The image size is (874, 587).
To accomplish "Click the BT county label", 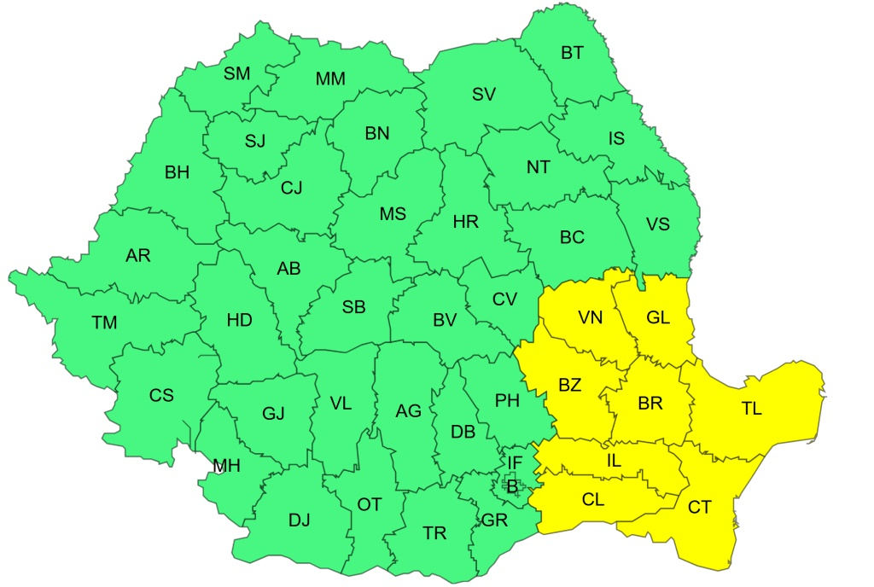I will click(572, 53).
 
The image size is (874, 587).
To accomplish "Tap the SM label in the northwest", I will click(237, 73).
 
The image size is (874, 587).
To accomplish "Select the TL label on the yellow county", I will click(751, 409).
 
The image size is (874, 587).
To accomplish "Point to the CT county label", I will click(699, 508).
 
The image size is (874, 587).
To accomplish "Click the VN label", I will click(590, 318).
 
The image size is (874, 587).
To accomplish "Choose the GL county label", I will click(658, 318).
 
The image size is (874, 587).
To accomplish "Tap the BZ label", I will click(569, 385).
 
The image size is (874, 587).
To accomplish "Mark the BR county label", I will click(650, 404).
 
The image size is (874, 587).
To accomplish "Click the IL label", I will click(614, 461).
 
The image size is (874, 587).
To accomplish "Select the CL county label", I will click(593, 500).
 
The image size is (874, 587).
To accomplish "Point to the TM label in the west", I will click(104, 323).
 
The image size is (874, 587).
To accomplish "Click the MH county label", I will click(226, 466).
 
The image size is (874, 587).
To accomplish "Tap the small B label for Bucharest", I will click(512, 487).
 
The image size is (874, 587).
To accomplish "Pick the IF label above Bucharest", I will click(514, 462).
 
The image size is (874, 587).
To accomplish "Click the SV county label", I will click(484, 95).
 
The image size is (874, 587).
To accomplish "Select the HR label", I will click(466, 222).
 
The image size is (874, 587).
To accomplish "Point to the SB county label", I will click(354, 306).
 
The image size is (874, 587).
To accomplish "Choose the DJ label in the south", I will click(299, 520).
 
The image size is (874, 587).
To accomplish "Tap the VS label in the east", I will click(658, 224).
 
